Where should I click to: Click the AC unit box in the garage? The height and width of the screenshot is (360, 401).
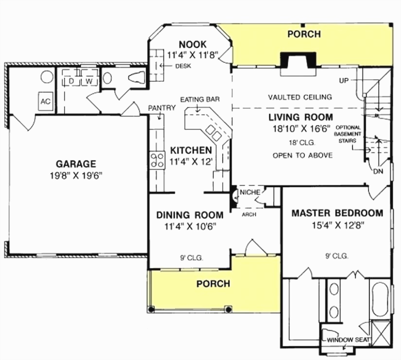[45, 101]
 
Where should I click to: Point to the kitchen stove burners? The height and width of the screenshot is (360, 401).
[157, 160]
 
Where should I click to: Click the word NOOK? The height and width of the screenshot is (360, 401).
[192, 43]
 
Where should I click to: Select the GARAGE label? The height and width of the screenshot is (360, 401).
[75, 164]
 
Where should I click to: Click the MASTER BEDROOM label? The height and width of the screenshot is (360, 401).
[337, 213]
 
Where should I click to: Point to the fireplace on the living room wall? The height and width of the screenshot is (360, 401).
[297, 60]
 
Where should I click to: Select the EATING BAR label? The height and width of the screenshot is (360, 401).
[200, 99]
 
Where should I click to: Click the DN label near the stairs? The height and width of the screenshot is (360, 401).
[378, 171]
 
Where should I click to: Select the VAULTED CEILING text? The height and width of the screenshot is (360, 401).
[300, 97]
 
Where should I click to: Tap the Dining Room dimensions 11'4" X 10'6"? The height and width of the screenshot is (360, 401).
[190, 226]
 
